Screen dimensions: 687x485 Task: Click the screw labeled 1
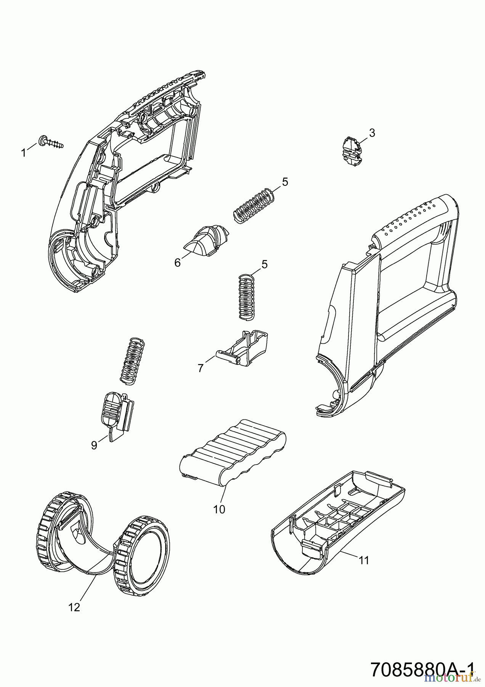coord(51,142)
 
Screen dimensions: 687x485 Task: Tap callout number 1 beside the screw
coord(24,153)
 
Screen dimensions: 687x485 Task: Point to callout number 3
coord(372,133)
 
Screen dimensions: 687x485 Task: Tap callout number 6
coord(177,263)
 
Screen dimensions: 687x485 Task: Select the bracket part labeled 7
coord(244,347)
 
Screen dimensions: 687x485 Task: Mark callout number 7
coord(201,368)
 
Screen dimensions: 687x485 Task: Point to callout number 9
coord(94,445)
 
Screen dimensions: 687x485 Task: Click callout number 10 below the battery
coord(219,509)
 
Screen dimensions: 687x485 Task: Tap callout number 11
coord(364,560)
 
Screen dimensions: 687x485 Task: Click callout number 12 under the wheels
coord(74,607)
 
